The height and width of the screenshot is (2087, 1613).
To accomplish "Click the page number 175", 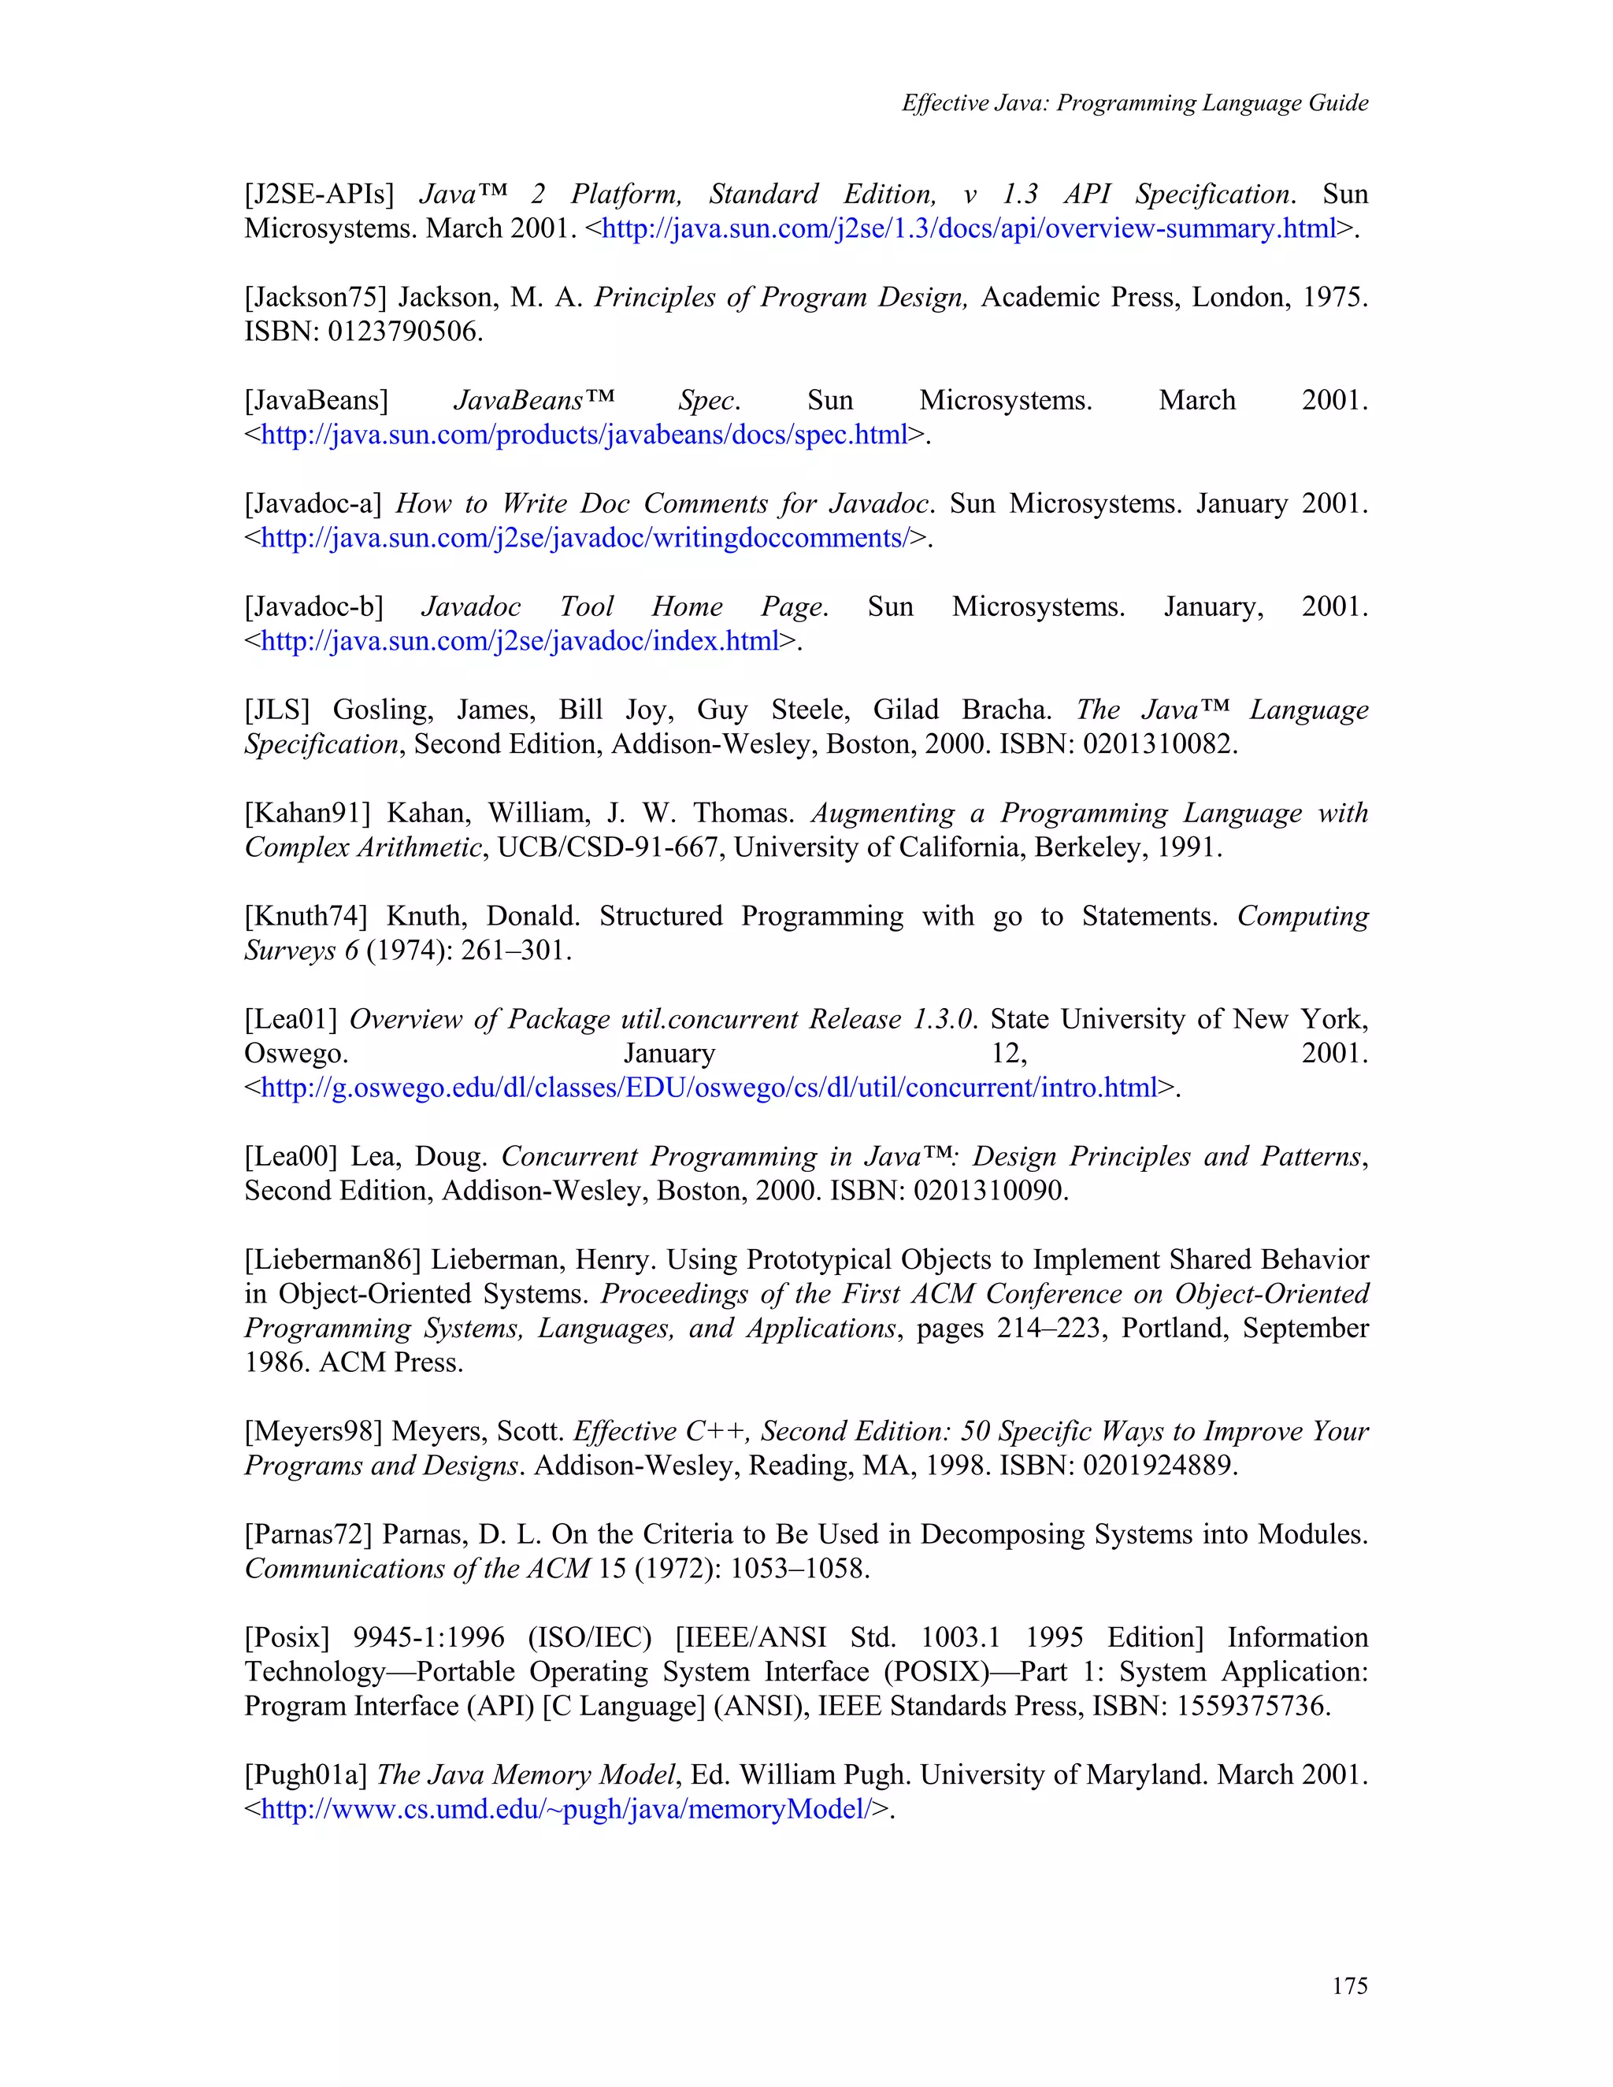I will click(x=1349, y=1985).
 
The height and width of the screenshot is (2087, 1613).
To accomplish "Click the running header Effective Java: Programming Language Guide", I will click(x=1134, y=103).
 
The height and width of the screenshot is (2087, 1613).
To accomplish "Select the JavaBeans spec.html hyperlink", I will click(x=584, y=435).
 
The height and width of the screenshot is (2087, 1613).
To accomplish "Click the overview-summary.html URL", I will click(x=968, y=228).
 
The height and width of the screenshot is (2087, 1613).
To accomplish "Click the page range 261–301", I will click(x=515, y=951).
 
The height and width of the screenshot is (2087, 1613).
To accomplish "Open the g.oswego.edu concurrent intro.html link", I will click(x=709, y=1088).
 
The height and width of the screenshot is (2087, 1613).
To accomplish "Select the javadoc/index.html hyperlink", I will click(x=520, y=641).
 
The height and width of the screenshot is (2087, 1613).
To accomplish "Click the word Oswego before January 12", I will click(x=295, y=1053).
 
